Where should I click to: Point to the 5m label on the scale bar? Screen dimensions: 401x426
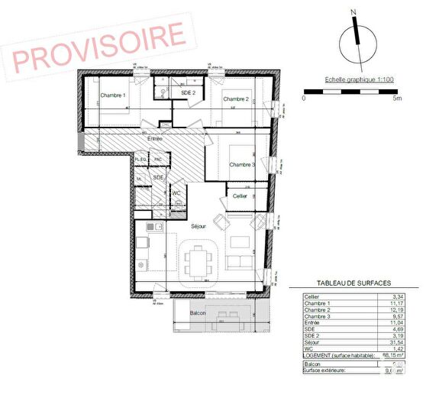pos(396,98)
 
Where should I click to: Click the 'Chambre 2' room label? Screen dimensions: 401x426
pos(235,99)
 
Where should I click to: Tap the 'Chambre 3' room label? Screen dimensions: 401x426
pos(243,164)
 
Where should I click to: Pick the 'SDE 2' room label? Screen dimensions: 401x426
pos(189,92)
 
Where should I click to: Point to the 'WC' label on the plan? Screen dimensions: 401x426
pos(176,194)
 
